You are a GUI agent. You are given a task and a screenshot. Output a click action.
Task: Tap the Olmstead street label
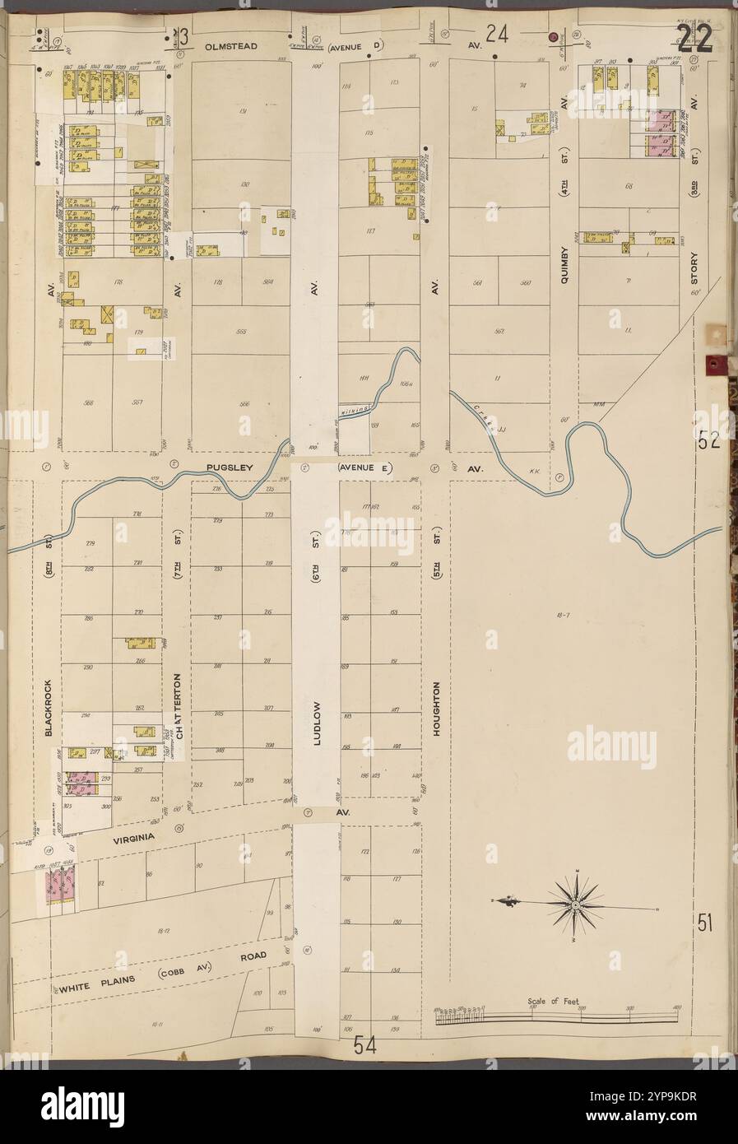point(225,49)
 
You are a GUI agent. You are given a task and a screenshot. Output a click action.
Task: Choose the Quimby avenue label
point(565,265)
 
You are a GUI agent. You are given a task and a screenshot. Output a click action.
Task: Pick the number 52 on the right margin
point(709,440)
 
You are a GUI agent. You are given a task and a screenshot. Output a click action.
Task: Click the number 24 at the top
point(495,35)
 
